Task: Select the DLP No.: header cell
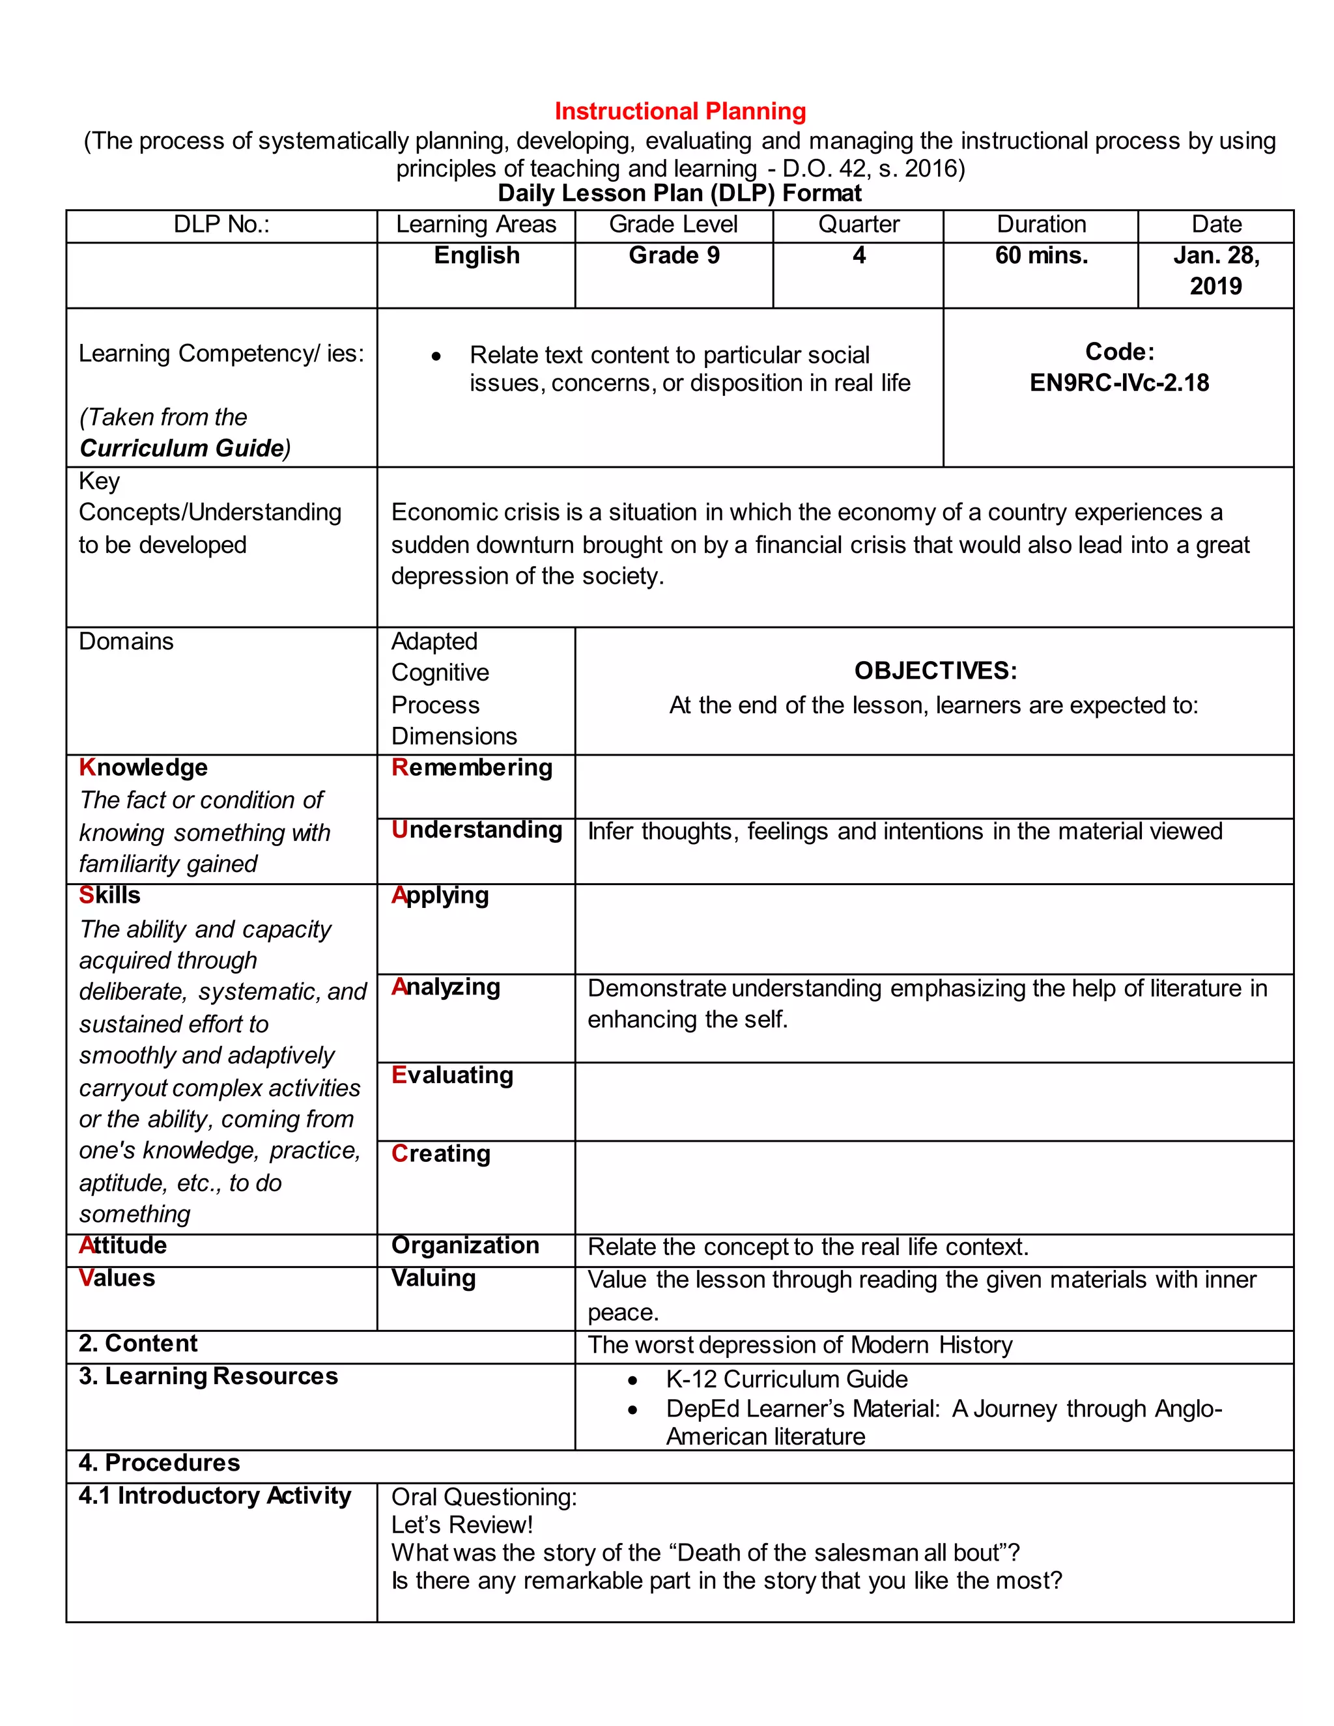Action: coord(221,225)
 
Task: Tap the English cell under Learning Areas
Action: coord(477,255)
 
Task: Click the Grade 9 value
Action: coord(674,255)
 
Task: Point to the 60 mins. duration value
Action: coord(1041,255)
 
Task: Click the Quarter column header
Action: coord(859,225)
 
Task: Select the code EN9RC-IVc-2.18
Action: coord(1119,383)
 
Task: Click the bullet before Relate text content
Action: coord(436,357)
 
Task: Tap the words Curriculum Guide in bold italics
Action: coord(182,448)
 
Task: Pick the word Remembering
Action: coord(472,767)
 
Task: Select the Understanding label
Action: coord(477,830)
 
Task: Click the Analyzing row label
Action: coord(446,987)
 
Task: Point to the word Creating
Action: coord(441,1154)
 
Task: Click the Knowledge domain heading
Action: coord(143,767)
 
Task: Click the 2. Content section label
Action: coord(137,1344)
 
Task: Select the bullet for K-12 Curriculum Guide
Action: coord(632,1381)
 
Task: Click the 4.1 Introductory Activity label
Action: coord(214,1496)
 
